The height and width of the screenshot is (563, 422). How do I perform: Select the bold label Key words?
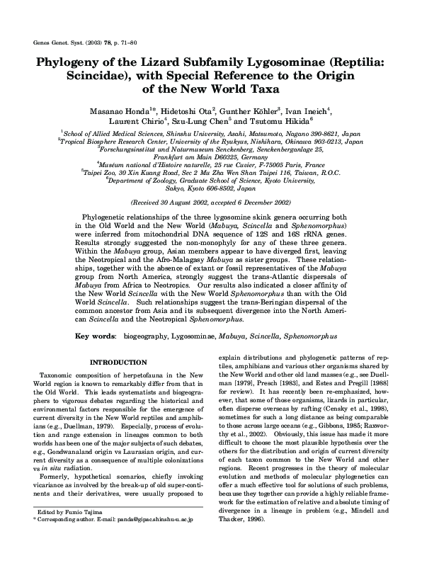[x=95, y=332]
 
